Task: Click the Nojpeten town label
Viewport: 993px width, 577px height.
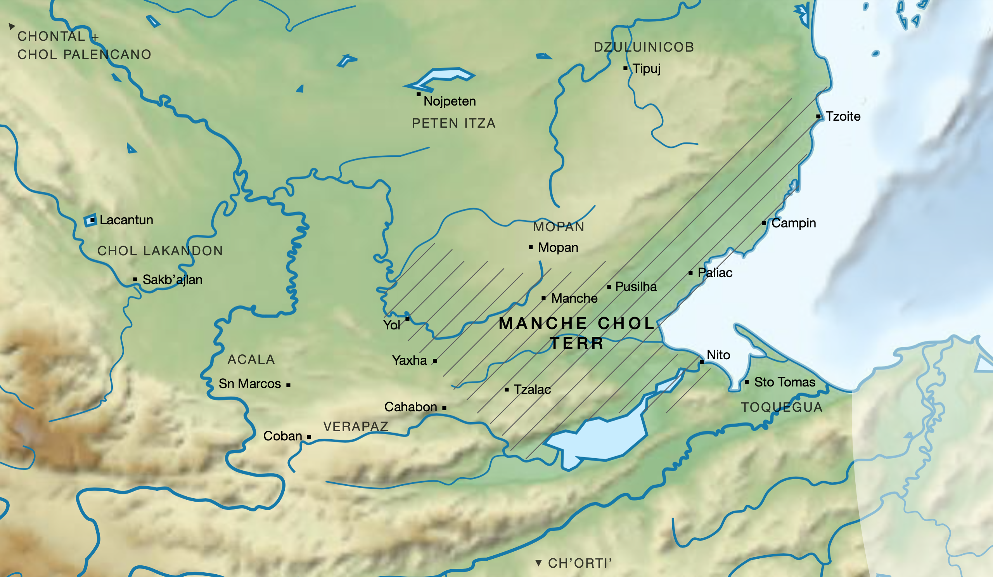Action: (450, 101)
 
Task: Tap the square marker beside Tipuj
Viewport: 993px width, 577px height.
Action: (625, 69)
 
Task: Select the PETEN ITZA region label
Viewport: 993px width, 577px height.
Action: (453, 123)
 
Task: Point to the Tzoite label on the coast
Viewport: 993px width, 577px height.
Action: (843, 116)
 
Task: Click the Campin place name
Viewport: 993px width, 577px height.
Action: (793, 223)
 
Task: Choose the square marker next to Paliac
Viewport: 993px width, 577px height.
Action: (690, 273)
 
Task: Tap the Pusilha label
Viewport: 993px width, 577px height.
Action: (636, 286)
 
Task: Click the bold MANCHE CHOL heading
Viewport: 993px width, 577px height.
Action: (577, 324)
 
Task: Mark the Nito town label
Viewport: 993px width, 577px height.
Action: (718, 355)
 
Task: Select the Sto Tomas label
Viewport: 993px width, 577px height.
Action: (784, 382)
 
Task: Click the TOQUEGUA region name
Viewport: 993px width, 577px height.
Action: (782, 407)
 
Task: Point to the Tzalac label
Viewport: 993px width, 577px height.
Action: (532, 390)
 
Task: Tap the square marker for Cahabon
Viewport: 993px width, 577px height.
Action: (444, 408)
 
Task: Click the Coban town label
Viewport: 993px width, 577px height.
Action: (282, 436)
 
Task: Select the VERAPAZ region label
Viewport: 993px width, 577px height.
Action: (356, 426)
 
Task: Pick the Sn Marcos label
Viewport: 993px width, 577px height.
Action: (250, 383)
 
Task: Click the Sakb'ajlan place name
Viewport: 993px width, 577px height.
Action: (172, 279)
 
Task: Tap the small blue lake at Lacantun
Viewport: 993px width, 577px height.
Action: (90, 220)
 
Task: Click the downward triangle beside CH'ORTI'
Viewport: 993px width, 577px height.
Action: (538, 563)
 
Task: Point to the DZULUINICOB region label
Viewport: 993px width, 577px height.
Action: (644, 47)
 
